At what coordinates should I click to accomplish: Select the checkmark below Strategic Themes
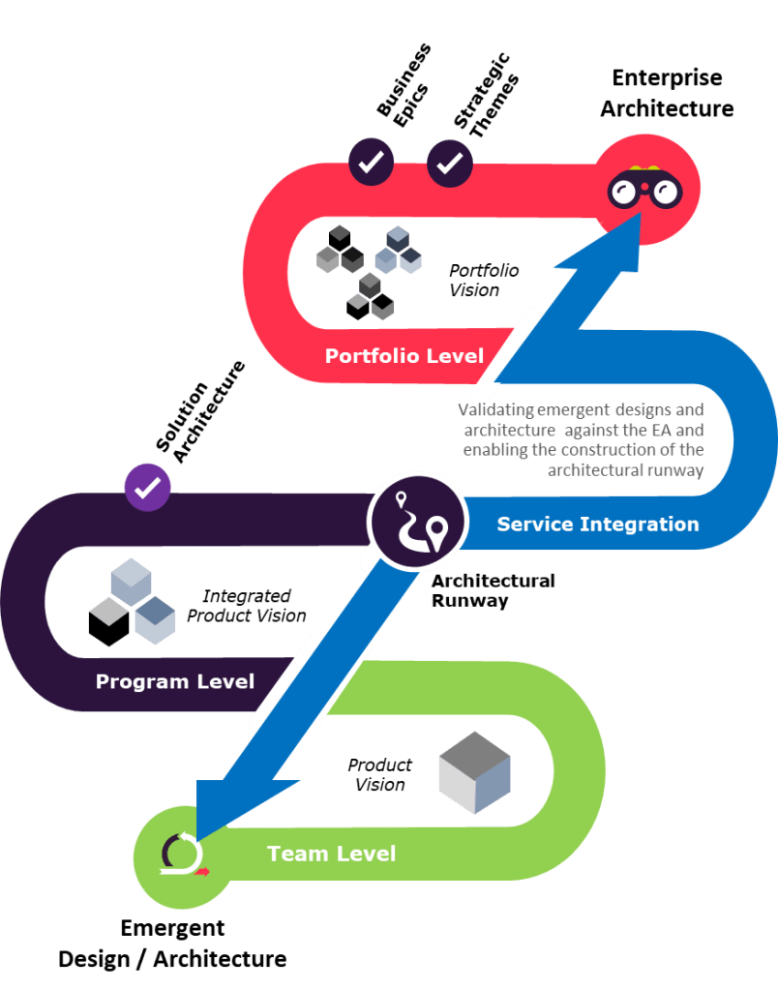[x=450, y=163]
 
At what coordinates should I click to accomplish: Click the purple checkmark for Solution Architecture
[x=148, y=485]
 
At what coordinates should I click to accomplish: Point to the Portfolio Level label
[x=404, y=355]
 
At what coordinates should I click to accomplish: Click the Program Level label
[x=175, y=681]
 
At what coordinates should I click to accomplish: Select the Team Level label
[x=331, y=854]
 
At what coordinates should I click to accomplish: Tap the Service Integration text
[x=597, y=525]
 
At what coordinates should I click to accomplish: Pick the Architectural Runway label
[x=493, y=590]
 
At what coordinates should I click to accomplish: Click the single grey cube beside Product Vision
[x=474, y=772]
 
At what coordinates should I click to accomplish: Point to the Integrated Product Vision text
[x=247, y=606]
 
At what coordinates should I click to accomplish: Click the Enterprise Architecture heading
[x=667, y=94]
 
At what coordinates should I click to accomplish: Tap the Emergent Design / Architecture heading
[x=172, y=944]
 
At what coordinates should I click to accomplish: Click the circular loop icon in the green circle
[x=181, y=853]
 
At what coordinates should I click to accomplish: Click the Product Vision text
[x=380, y=774]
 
